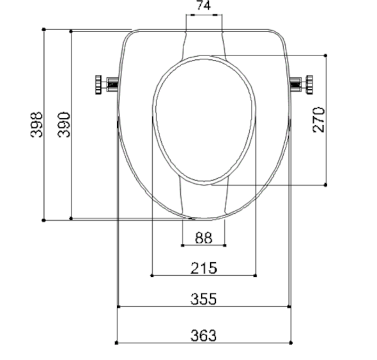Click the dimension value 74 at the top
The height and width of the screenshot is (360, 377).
coord(203,6)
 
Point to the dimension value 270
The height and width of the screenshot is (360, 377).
coord(319,119)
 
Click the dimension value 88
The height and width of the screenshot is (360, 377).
coord(203,237)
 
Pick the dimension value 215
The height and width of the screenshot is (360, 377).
coord(203,267)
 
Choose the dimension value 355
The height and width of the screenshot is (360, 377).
coord(203,298)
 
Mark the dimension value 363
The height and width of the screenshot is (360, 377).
coord(203,334)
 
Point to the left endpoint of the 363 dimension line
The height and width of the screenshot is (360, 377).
coord(116,342)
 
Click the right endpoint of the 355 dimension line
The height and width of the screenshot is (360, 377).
coord(289,306)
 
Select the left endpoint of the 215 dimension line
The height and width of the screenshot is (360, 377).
coord(151,276)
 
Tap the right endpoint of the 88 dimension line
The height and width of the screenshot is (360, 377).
coord(226,245)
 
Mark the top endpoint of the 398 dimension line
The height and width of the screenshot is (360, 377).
coord(43,29)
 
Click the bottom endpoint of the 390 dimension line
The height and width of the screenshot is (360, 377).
coord(71,220)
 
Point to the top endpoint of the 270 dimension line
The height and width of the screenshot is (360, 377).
coord(326,56)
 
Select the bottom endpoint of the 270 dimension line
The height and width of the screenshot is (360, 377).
coord(326,185)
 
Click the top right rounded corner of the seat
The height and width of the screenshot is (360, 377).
coord(279,35)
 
